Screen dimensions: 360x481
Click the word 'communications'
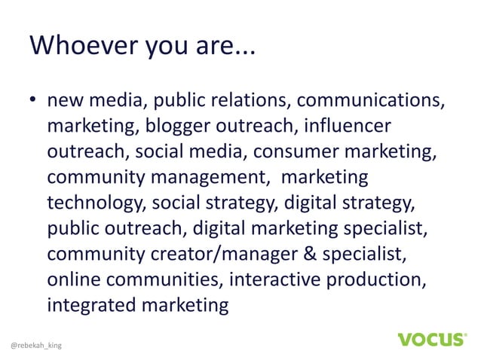[364, 100]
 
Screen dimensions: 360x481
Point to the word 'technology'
[96, 203]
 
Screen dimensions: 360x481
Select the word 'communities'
[163, 279]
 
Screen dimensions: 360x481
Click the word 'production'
[380, 279]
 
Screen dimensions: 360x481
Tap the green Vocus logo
[430, 339]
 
